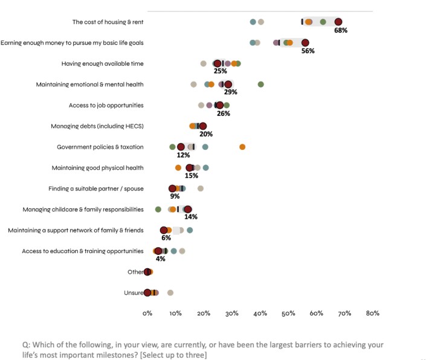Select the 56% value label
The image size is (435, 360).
(308, 51)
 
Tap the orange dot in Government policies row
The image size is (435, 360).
(242, 147)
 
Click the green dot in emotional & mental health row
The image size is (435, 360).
(260, 85)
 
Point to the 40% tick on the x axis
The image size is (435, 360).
(260, 313)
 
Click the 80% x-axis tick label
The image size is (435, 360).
(373, 313)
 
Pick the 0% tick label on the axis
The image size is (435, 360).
(147, 313)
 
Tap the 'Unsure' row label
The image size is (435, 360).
(133, 293)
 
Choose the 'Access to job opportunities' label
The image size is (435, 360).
(106, 105)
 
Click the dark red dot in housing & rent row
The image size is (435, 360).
(338, 22)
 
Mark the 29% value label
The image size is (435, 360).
(230, 92)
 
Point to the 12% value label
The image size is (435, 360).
(183, 155)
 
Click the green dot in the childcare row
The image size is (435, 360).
(158, 210)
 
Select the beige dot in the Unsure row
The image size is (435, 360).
(170, 292)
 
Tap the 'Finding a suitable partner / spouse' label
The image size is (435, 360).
(96, 188)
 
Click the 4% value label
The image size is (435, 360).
(161, 259)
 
